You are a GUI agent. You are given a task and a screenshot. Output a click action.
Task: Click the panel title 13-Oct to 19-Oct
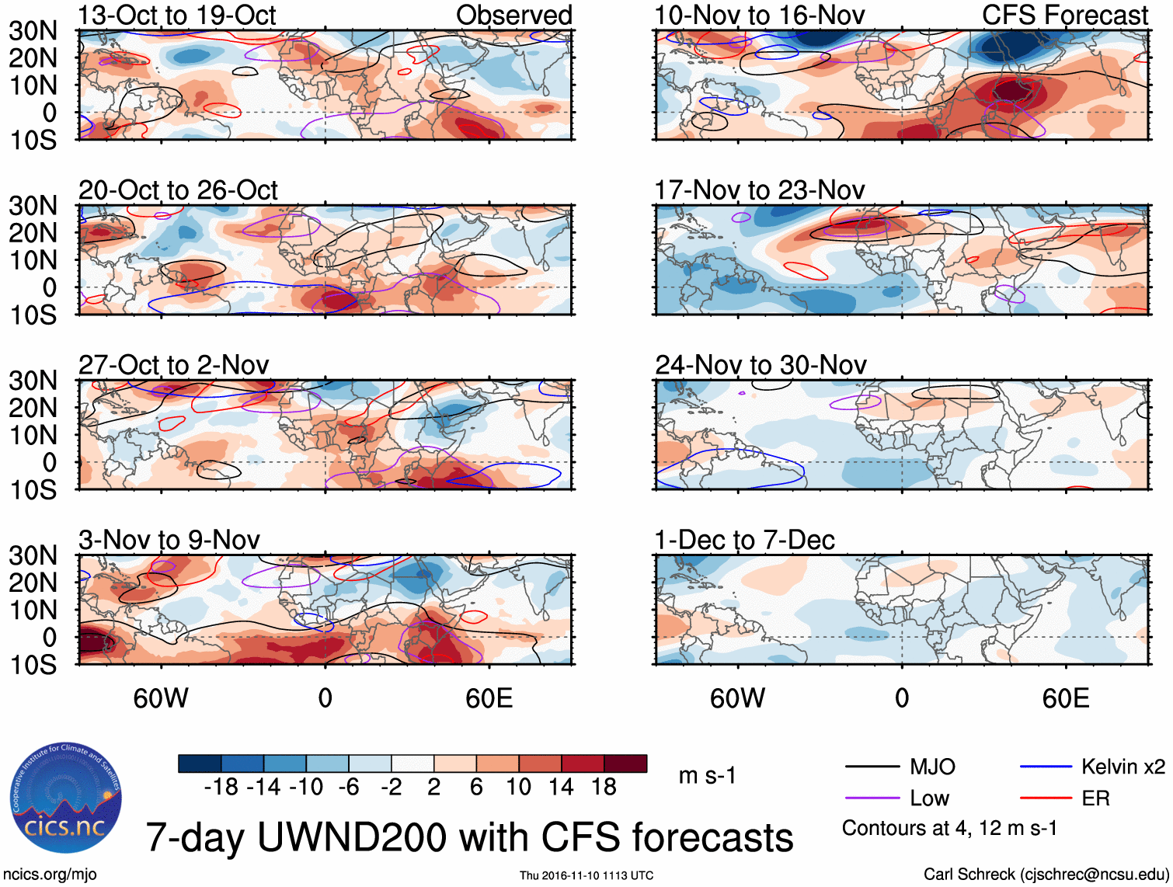coord(177,15)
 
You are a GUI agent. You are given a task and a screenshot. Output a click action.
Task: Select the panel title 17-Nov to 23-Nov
coord(760,190)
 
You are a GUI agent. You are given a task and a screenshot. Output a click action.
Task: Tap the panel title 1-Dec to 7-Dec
coord(744,540)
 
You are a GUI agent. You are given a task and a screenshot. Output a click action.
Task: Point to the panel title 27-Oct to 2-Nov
coord(174,364)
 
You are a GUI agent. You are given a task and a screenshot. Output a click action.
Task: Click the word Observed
coord(514,15)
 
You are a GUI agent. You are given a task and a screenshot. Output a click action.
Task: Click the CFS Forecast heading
coord(1065,15)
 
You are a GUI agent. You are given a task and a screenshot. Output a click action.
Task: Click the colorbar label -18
coord(221,787)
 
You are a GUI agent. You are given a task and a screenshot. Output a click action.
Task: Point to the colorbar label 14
coord(561,787)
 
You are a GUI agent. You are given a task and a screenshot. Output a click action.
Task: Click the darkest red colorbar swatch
coord(625,764)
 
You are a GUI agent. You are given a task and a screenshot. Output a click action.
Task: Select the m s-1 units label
coord(707,775)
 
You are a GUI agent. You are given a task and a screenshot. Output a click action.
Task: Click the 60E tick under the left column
coord(489,698)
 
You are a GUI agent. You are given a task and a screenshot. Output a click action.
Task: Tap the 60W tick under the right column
coord(737,698)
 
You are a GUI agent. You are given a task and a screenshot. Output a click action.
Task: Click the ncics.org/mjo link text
coord(50,875)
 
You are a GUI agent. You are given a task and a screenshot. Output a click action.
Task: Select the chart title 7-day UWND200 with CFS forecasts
coord(469,837)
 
